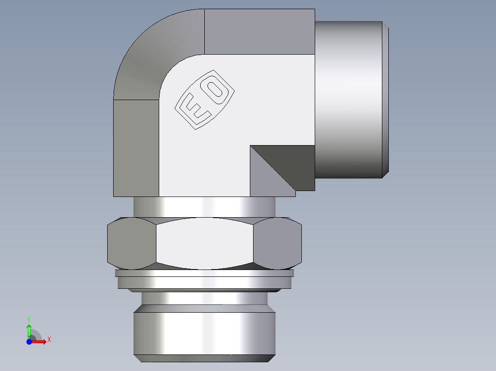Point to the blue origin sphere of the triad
(29, 341)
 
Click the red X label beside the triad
(49, 340)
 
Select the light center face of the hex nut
(204, 243)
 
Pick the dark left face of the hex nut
(131, 243)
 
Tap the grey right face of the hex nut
(278, 243)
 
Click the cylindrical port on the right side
(350, 99)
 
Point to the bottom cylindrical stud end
(204, 333)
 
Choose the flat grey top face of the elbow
(259, 31)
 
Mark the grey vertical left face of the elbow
(136, 147)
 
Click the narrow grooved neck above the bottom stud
(204, 299)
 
